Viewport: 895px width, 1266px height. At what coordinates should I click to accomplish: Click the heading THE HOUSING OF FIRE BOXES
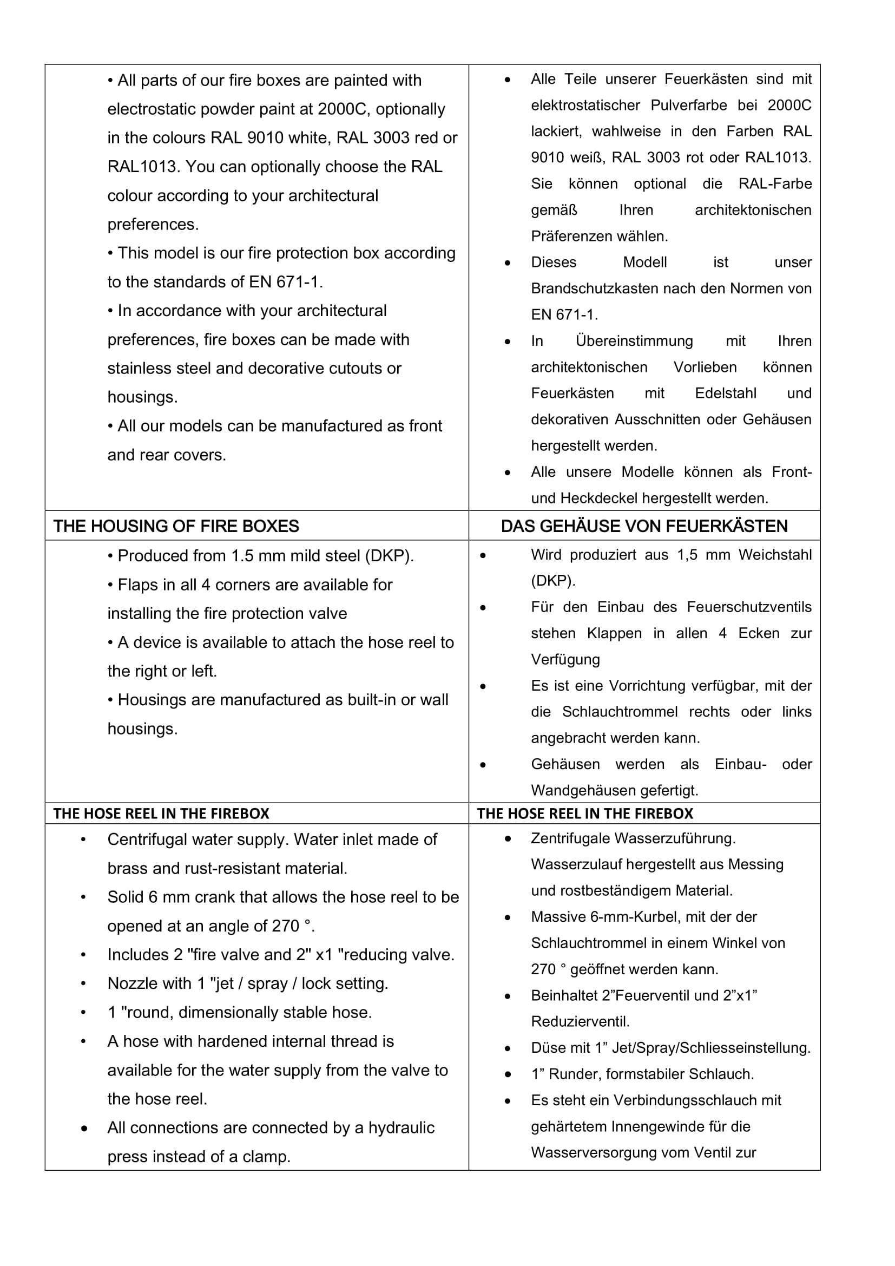click(x=176, y=526)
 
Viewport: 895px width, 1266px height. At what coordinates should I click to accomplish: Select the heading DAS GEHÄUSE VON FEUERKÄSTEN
click(x=644, y=526)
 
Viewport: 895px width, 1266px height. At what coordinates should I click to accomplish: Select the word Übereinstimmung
click(x=634, y=341)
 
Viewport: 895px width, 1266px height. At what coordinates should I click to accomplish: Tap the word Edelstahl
click(x=725, y=393)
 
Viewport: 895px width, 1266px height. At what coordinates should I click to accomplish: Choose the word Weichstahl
click(x=775, y=555)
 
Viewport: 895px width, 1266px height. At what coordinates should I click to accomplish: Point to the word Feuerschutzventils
click(x=749, y=607)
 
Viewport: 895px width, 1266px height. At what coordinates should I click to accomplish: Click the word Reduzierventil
click(x=580, y=1022)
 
